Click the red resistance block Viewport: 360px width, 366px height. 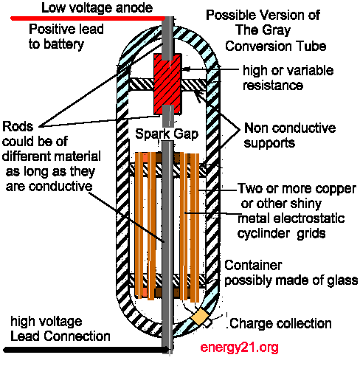coord(167,84)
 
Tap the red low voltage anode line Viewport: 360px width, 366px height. coord(88,18)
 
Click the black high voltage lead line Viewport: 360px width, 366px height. coord(86,350)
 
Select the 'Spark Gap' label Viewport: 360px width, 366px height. coord(167,134)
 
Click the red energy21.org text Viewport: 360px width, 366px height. coord(239,348)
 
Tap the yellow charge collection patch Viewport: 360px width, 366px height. coord(200,317)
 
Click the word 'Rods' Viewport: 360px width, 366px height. coord(18,127)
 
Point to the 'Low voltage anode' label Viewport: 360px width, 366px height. coord(97,7)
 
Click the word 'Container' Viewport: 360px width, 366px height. coord(253,265)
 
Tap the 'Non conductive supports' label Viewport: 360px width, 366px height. coord(290,135)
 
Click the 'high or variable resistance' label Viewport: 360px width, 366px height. coord(288,78)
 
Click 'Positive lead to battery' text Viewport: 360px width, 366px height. coord(66,37)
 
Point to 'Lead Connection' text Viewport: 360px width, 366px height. coord(60,336)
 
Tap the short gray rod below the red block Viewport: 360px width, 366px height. coord(168,116)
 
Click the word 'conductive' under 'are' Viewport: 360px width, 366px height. coord(60,187)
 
